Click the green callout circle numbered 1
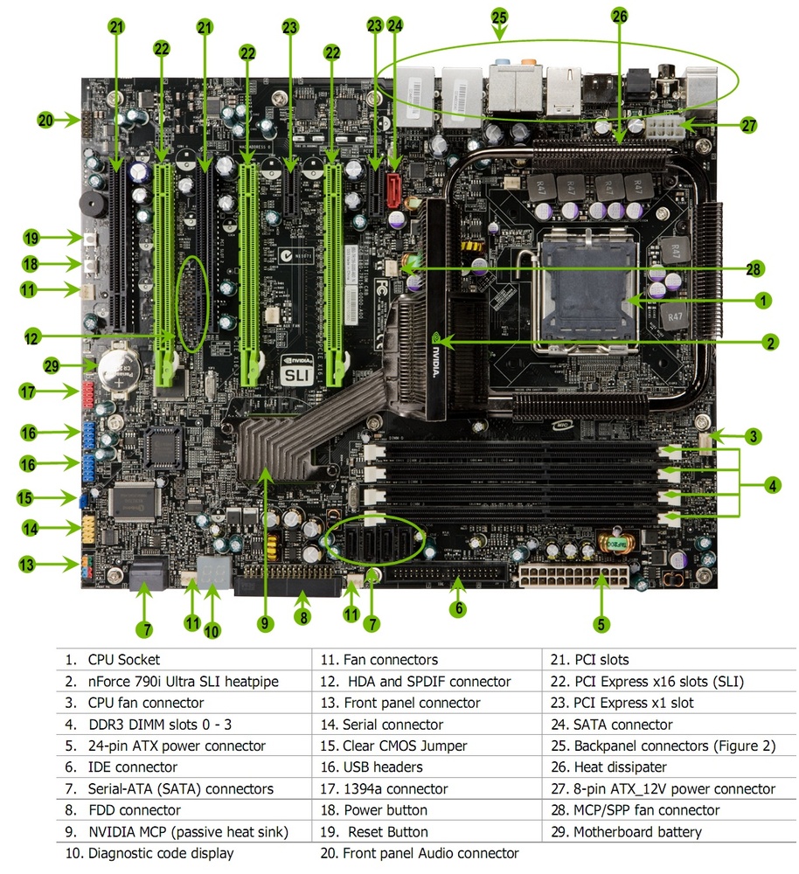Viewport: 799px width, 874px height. [x=763, y=300]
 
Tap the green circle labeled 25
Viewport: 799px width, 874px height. [x=499, y=15]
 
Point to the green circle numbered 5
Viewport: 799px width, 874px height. [x=601, y=624]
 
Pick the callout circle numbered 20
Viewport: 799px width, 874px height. [x=45, y=121]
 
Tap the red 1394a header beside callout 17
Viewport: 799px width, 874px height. [x=91, y=394]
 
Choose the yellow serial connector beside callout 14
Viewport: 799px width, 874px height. [x=90, y=528]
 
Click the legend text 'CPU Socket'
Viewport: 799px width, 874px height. [x=124, y=661]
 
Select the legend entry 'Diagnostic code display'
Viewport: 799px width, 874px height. [x=161, y=853]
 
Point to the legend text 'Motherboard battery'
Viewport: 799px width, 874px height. [x=637, y=832]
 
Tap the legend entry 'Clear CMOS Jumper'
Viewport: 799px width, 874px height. [x=405, y=746]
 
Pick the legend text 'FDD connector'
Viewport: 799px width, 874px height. [x=135, y=810]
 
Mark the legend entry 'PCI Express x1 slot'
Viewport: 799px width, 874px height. [x=634, y=704]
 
